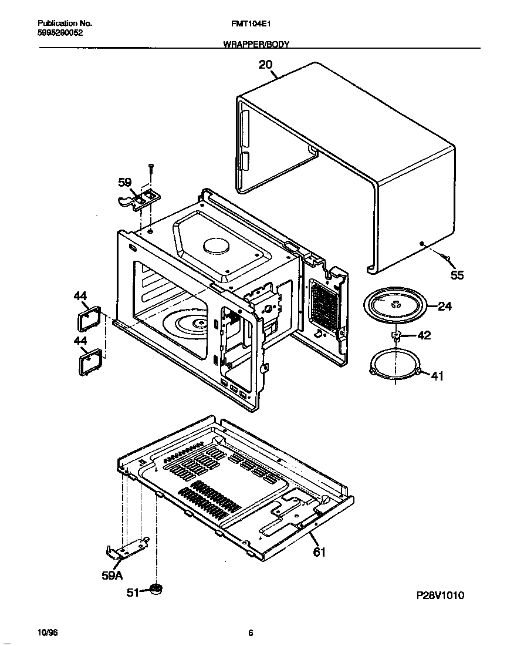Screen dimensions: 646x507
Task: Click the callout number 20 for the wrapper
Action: click(266, 65)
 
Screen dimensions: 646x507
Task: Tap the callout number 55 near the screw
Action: click(457, 275)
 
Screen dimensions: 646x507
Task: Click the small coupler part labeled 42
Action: click(397, 336)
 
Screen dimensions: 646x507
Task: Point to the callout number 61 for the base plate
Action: click(319, 552)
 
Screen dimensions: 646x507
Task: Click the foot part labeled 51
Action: click(156, 588)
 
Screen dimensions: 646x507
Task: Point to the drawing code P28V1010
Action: click(440, 595)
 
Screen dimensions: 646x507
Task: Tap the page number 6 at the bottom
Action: click(251, 632)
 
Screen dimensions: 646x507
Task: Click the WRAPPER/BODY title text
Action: click(256, 45)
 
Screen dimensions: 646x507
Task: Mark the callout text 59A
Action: click(112, 576)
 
